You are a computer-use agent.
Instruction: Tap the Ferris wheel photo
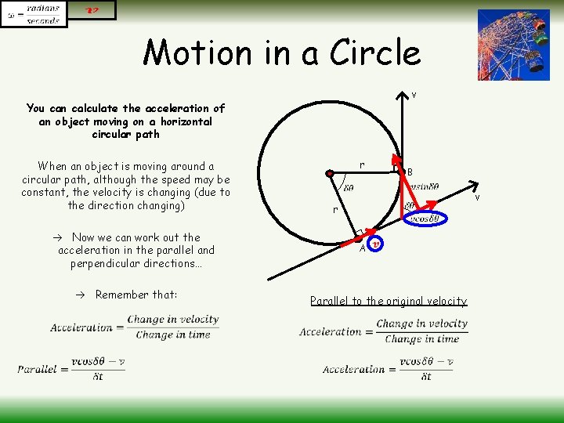click(x=513, y=45)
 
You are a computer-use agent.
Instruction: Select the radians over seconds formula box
click(x=34, y=14)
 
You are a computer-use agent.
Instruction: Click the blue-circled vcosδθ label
click(x=428, y=219)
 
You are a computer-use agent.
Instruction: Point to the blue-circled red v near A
click(x=375, y=244)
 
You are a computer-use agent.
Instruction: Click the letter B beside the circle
click(x=410, y=172)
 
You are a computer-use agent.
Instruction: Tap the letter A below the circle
click(x=363, y=249)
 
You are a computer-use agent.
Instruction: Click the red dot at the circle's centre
click(x=331, y=173)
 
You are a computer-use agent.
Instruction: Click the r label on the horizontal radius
click(x=361, y=164)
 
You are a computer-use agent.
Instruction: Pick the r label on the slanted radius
click(x=334, y=210)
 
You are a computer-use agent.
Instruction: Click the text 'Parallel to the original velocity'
click(x=388, y=301)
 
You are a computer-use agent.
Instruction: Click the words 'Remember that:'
click(x=136, y=295)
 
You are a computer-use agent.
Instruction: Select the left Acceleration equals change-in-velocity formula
click(x=135, y=327)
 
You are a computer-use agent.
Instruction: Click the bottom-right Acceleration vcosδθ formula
click(x=388, y=368)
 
